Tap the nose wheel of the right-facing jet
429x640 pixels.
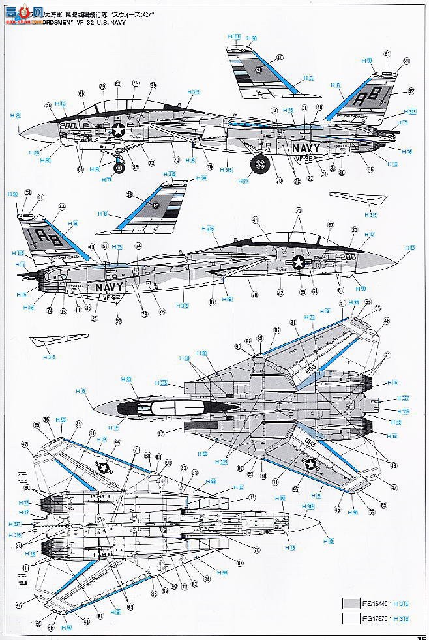tap(119, 167)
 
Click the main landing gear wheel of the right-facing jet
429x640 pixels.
tap(261, 163)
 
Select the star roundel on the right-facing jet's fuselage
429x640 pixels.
tap(118, 130)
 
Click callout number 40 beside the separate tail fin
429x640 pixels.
tap(280, 57)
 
